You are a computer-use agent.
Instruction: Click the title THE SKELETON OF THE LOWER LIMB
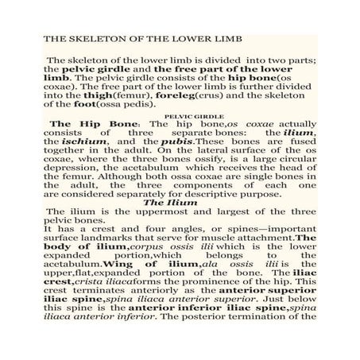coord(130,38)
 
